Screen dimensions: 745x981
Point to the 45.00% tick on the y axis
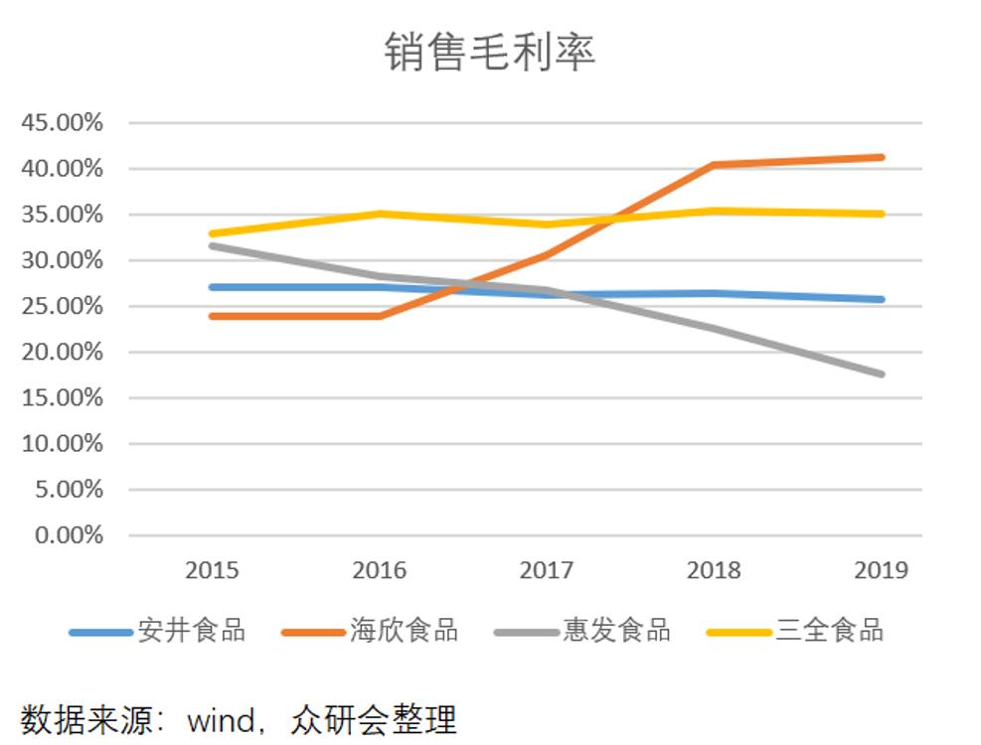click(x=62, y=123)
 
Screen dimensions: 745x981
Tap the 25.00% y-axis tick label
click(x=62, y=306)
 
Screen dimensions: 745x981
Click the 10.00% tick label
click(x=62, y=444)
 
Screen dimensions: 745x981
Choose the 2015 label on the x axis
click(x=212, y=570)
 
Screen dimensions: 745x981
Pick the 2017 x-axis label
click(x=547, y=570)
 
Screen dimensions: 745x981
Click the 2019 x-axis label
click(x=881, y=570)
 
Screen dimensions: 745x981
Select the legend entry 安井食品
click(x=191, y=630)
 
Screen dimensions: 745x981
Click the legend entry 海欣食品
click(x=404, y=630)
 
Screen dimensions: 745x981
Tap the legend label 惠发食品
click(x=616, y=630)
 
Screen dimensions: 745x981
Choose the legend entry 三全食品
click(x=830, y=630)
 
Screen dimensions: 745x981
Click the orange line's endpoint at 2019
click(x=881, y=157)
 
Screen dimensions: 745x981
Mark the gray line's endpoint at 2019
click(x=881, y=373)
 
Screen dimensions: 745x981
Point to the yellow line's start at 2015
click(x=212, y=233)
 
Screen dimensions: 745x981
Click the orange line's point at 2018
click(x=714, y=165)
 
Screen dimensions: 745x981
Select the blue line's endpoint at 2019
click(x=881, y=299)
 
